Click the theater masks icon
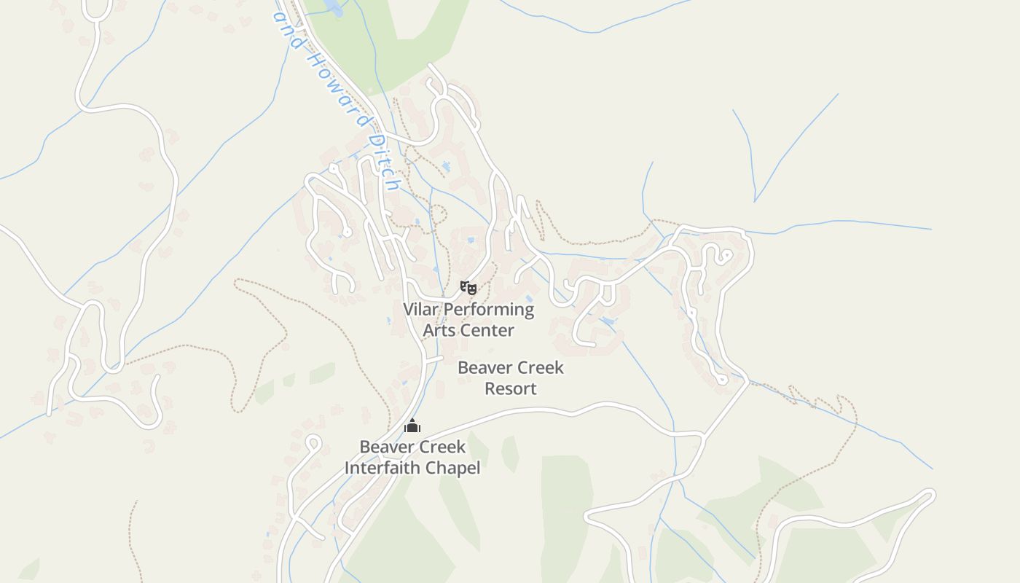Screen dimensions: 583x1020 pos(468,288)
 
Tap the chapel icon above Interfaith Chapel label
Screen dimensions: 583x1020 pos(412,426)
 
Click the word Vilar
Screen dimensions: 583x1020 pos(421,310)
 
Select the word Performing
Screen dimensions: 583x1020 pos(489,310)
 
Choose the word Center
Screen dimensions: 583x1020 pos(487,331)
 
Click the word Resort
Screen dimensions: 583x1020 pos(511,389)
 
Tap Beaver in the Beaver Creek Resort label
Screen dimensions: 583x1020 pos(482,368)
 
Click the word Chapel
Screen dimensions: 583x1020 pos(455,468)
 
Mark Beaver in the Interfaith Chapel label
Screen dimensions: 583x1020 pos(384,447)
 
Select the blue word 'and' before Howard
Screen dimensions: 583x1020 pos(290,29)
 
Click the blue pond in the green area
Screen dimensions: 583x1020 pos(332,7)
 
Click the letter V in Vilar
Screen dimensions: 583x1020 pos(409,310)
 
